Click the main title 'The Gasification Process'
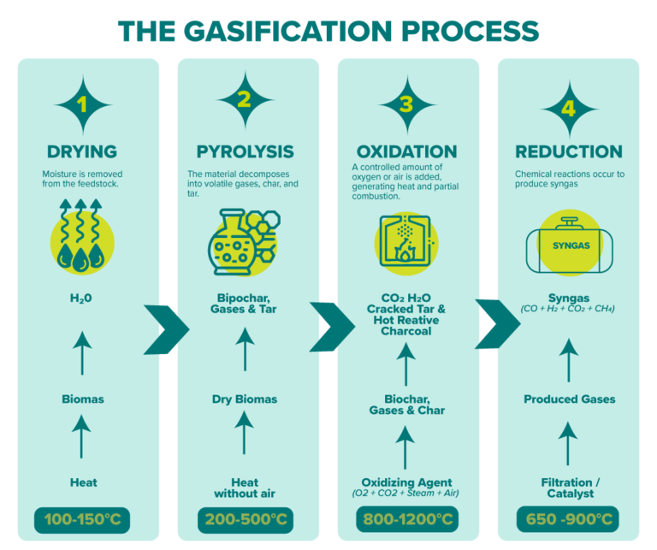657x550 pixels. pyautogui.click(x=328, y=31)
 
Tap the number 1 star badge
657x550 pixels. pyautogui.click(x=83, y=104)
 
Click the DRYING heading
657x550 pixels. pyautogui.click(x=83, y=151)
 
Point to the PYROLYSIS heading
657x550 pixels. pyautogui.click(x=245, y=151)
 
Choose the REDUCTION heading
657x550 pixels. pyautogui.click(x=569, y=151)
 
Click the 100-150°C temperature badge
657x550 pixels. pyautogui.click(x=84, y=519)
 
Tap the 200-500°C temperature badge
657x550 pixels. pyautogui.click(x=245, y=519)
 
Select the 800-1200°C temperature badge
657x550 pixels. pyautogui.click(x=405, y=519)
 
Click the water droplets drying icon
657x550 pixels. pyautogui.click(x=83, y=236)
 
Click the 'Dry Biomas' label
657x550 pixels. pyautogui.click(x=245, y=399)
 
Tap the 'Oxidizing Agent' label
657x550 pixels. pyautogui.click(x=405, y=482)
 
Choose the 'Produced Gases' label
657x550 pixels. pyautogui.click(x=569, y=399)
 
